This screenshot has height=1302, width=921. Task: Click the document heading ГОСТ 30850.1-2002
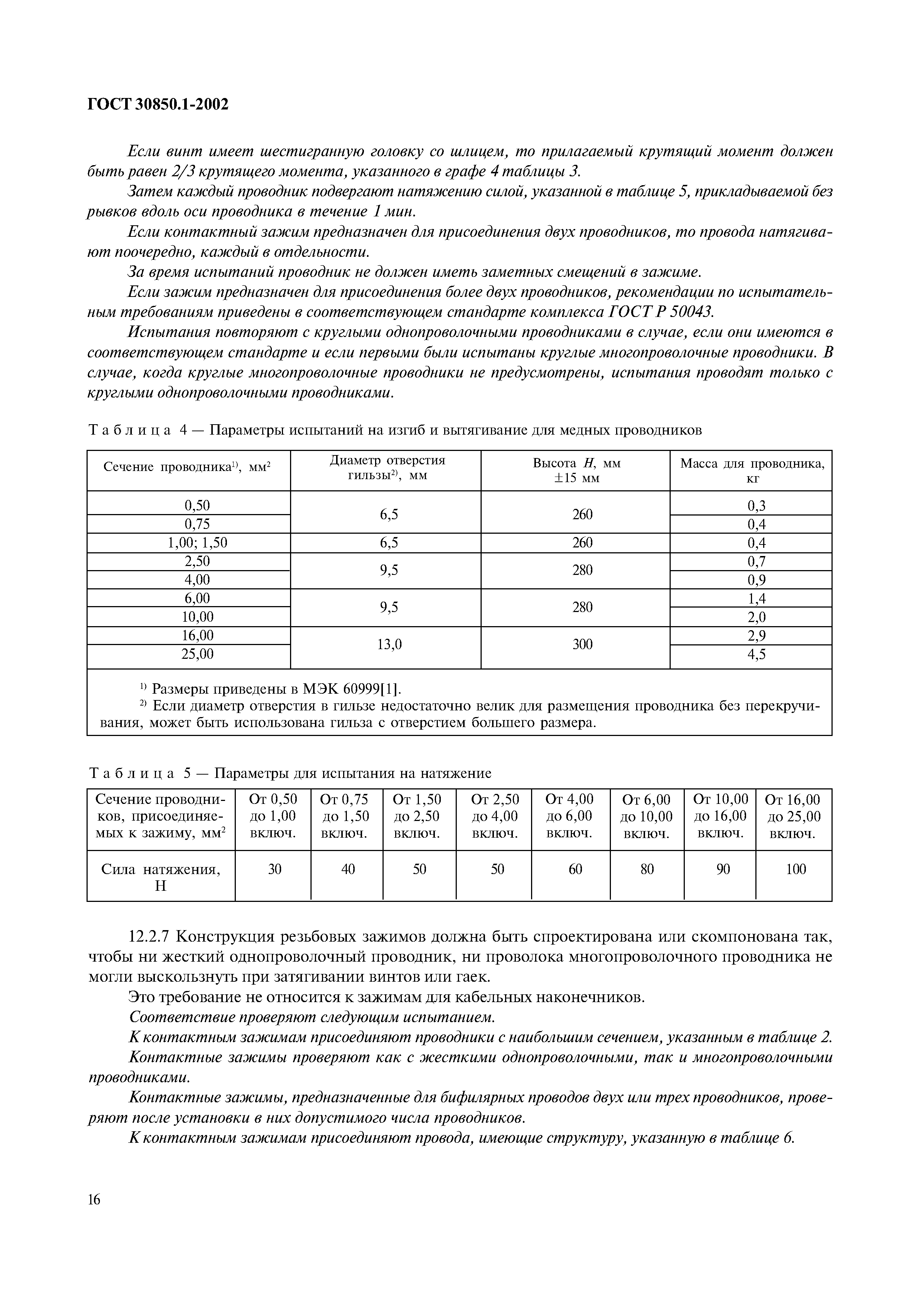(158, 104)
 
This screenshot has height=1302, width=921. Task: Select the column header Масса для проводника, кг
(752, 471)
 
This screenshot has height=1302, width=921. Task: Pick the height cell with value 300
(582, 644)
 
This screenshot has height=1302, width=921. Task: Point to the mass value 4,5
(756, 654)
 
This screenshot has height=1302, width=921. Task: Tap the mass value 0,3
(756, 505)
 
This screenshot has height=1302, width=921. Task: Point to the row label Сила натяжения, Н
(160, 877)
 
